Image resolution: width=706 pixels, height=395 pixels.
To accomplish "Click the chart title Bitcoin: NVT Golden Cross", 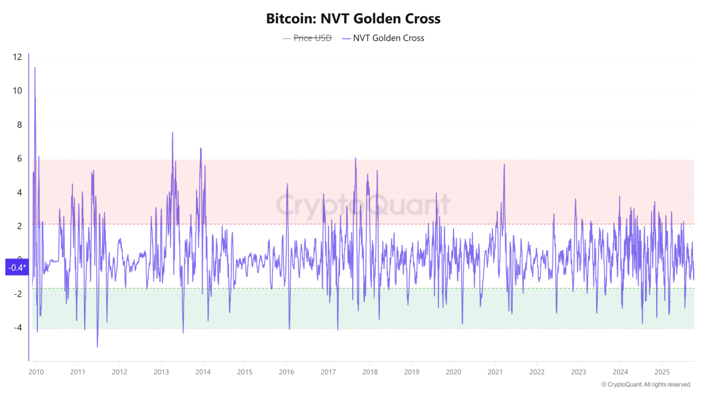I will tap(353, 19).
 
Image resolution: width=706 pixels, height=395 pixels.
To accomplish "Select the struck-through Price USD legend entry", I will tap(306, 38).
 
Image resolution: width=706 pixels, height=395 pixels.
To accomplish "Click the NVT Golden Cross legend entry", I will tap(388, 38).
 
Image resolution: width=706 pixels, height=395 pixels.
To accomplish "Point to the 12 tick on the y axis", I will tap(18, 57).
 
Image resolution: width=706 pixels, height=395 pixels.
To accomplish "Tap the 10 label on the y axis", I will tap(18, 91).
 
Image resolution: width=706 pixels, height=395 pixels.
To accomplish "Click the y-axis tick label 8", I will tap(20, 125).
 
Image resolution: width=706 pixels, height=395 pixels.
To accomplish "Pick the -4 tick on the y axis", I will tap(18, 328).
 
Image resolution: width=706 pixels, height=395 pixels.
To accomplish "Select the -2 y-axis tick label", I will tap(18, 294).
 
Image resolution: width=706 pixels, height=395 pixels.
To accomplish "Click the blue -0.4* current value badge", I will tap(17, 268).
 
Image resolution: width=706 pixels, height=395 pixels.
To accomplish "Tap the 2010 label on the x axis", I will tap(36, 372).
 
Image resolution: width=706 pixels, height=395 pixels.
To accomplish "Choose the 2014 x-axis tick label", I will tap(203, 372).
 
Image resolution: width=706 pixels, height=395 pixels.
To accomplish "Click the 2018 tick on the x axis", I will tap(370, 372).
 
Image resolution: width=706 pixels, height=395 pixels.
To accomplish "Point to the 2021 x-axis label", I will tap(495, 372).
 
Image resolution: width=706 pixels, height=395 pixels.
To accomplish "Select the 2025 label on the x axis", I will tap(662, 372).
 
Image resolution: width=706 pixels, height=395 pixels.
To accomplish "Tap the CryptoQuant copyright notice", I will tap(646, 384).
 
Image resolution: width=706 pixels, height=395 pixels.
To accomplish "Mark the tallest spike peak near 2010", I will tap(35, 68).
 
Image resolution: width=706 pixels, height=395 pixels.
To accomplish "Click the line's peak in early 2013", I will tap(172, 133).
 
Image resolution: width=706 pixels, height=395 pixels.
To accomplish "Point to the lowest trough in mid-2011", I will tap(97, 347).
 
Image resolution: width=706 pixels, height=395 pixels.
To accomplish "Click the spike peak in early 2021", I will tap(504, 164).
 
